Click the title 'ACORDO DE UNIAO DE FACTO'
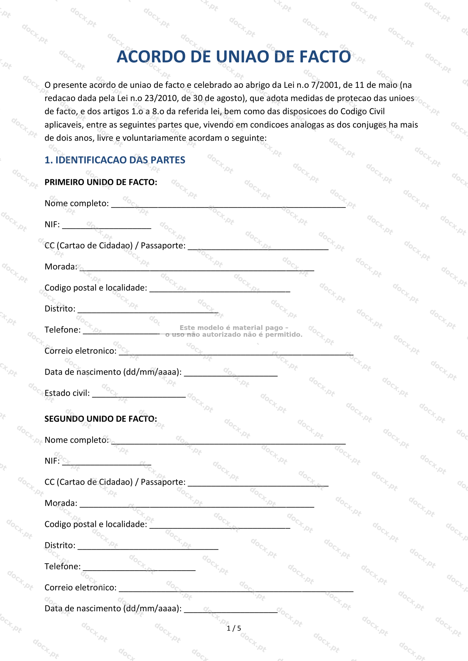click(234, 57)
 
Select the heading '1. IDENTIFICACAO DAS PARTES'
click(115, 160)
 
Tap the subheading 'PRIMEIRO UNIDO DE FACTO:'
click(101, 182)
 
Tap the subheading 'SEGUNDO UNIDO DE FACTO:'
click(101, 419)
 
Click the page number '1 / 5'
click(234, 628)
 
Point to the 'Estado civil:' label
click(67, 393)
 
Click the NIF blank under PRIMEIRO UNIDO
click(107, 226)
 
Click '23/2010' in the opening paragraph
click(161, 98)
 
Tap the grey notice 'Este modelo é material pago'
click(234, 328)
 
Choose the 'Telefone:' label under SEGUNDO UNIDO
click(63, 566)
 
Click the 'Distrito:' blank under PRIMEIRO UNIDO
click(148, 310)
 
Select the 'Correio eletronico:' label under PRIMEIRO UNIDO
click(80, 351)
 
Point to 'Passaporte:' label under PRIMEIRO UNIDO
click(163, 246)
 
